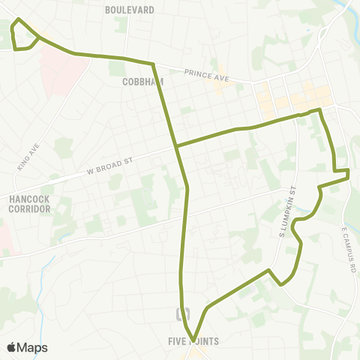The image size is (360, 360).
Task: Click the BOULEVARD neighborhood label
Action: click(130, 10)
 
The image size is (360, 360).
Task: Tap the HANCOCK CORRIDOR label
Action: click(30, 204)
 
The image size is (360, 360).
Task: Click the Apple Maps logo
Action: click(27, 347)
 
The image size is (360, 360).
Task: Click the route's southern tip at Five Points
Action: click(193, 338)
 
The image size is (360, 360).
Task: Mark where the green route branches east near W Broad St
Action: click(175, 145)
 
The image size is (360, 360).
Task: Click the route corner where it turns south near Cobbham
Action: click(154, 64)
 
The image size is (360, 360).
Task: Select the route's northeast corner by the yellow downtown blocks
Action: click(319, 110)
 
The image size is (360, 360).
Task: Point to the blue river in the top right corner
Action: click(348, 10)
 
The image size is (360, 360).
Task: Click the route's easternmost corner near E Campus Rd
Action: click(349, 175)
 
